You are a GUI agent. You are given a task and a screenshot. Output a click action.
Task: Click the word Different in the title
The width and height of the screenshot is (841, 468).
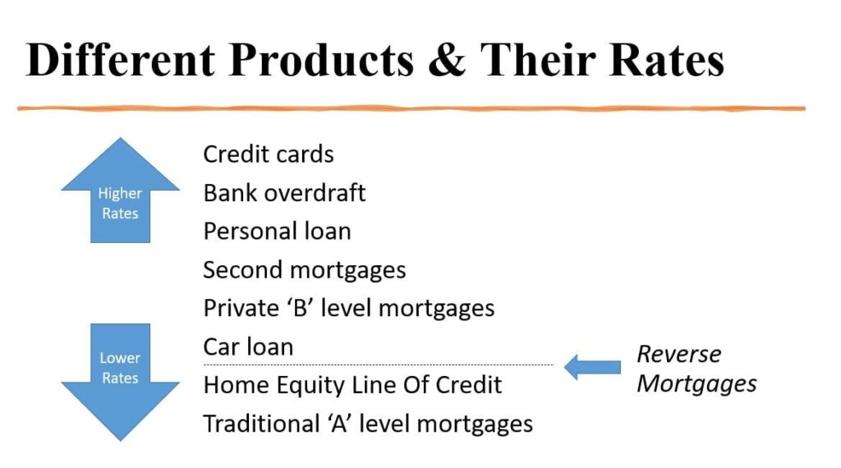pyautogui.click(x=121, y=59)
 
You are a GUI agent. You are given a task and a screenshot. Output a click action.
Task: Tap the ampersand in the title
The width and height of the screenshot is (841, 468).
pyautogui.click(x=447, y=59)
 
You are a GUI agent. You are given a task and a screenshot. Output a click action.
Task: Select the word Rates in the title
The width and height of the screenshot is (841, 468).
pyautogui.click(x=667, y=59)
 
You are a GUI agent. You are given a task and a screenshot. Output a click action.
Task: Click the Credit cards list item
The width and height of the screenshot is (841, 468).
pyautogui.click(x=269, y=154)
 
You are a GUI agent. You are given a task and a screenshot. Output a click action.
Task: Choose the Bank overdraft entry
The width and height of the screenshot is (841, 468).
pyautogui.click(x=284, y=193)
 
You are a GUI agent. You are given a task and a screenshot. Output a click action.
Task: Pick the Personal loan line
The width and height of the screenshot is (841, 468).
pyautogui.click(x=278, y=231)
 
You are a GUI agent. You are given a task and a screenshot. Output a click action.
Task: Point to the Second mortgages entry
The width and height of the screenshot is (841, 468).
pyautogui.click(x=304, y=270)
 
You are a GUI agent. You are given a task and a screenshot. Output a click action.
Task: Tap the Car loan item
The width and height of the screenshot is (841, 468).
pyautogui.click(x=248, y=346)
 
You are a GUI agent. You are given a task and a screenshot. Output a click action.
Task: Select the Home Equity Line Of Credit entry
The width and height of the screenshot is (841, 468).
pyautogui.click(x=352, y=385)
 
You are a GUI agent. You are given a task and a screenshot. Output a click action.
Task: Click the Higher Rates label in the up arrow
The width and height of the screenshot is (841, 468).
pyautogui.click(x=120, y=203)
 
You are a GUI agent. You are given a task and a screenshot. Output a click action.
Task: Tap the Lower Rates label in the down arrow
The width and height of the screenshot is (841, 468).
pyautogui.click(x=120, y=368)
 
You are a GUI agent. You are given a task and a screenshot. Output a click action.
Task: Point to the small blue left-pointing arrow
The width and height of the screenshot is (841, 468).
pyautogui.click(x=592, y=367)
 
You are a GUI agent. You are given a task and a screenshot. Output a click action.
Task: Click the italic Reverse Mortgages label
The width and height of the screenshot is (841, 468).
pyautogui.click(x=696, y=369)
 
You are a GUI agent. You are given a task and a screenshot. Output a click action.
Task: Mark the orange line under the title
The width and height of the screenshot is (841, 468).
pyautogui.click(x=411, y=108)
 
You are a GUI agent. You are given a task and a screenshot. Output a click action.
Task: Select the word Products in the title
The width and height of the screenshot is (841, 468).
pyautogui.click(x=321, y=59)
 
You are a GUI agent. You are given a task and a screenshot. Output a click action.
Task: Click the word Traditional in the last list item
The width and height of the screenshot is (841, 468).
pyautogui.click(x=262, y=424)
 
